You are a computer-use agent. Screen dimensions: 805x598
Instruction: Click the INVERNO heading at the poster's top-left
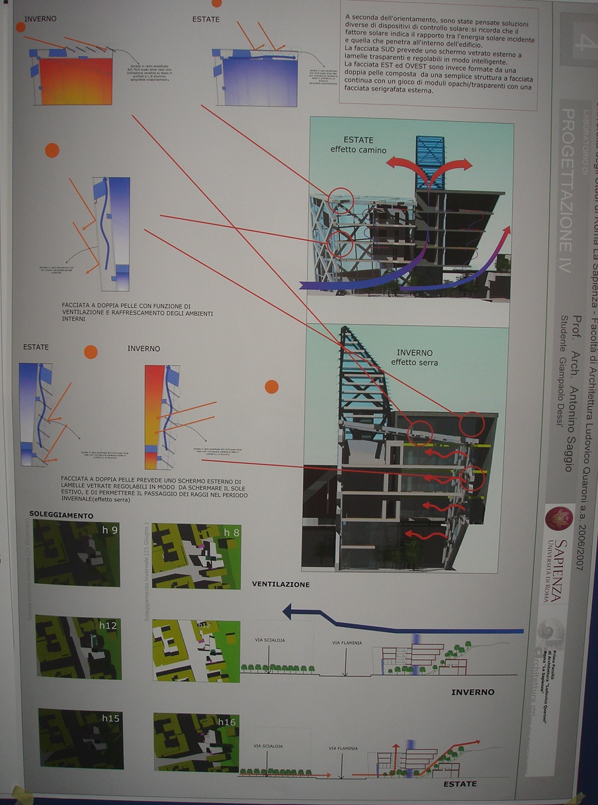[40, 19]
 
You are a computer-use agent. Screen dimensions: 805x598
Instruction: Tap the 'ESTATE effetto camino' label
[358, 145]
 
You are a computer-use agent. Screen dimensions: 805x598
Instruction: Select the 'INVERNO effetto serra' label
[414, 357]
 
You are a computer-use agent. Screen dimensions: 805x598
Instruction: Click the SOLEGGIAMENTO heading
[62, 514]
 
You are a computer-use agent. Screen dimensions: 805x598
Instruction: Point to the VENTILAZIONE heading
[280, 585]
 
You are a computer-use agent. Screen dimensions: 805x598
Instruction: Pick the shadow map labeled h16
[196, 742]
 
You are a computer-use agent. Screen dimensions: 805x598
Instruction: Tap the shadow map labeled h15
[80, 738]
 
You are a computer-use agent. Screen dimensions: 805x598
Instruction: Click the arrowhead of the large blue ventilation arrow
[289, 611]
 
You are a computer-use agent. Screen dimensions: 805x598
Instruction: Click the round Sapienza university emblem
[559, 518]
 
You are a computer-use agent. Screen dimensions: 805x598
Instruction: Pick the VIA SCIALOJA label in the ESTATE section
[268, 745]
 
